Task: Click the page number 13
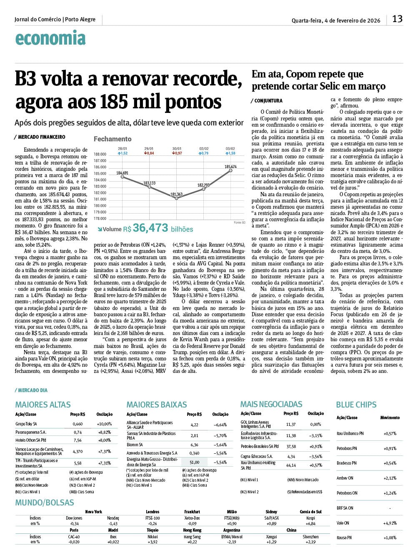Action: coord(397,19)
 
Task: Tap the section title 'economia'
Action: coord(50,38)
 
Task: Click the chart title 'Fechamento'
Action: coord(112,139)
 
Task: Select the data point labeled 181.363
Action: coord(177,198)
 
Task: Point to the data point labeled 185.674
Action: coord(231,170)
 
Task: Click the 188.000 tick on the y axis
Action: coord(100,154)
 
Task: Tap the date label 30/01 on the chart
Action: coord(177,149)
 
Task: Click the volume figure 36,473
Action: coord(150,228)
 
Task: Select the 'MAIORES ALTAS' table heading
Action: coord(43,405)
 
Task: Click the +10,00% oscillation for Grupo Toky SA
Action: coord(104,424)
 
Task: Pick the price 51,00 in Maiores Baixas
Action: coord(194,462)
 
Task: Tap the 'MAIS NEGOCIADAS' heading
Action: coord(271,404)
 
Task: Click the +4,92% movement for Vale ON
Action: coord(390,523)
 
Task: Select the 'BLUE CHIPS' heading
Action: coord(356,405)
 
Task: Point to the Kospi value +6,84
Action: coord(310,524)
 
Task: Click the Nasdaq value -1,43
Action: coord(113,524)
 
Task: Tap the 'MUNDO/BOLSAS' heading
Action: coord(45,502)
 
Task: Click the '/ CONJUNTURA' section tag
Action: coord(267,101)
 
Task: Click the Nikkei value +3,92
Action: coord(153,542)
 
